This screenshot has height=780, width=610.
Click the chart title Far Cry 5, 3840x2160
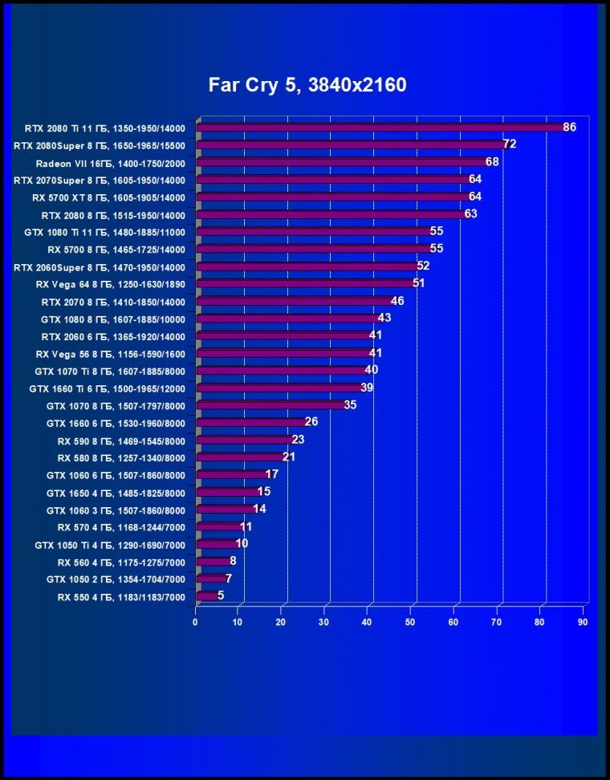[x=307, y=84]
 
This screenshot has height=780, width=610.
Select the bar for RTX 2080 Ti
[x=381, y=127]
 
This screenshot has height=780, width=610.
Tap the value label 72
[x=509, y=144]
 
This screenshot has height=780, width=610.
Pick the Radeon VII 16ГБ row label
[x=110, y=162]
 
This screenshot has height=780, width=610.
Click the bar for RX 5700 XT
[x=334, y=197]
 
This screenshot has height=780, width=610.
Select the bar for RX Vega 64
[x=306, y=283]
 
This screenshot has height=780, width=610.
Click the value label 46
[x=396, y=301]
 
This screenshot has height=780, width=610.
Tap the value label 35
[x=350, y=405]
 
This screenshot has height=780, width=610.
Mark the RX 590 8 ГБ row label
[x=121, y=441]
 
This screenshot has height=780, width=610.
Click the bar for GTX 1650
[x=228, y=492]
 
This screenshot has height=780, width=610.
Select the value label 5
[x=221, y=596]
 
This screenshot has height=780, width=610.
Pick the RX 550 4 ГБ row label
[x=121, y=597]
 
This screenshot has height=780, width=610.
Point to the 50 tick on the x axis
[x=410, y=622]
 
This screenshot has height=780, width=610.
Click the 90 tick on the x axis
[x=583, y=622]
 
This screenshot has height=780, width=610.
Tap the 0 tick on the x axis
[x=195, y=622]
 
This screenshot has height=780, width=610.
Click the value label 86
[x=570, y=127]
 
